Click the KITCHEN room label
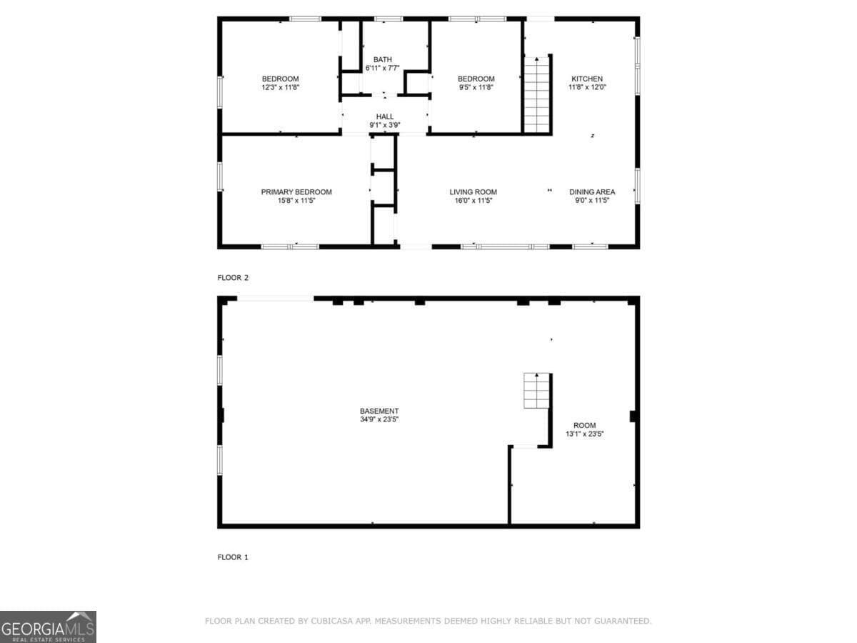[586, 79]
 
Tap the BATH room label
[382, 59]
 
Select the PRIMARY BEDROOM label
[296, 191]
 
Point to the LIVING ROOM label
[473, 191]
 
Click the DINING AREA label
[591, 191]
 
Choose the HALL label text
[384, 116]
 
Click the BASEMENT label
[379, 411]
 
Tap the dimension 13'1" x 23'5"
[584, 434]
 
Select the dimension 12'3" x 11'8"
[280, 87]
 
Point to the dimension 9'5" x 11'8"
[476, 87]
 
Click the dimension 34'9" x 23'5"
[379, 419]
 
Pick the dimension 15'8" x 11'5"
[296, 201]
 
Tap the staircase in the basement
[536, 390]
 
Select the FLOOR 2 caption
[233, 278]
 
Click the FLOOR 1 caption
[233, 557]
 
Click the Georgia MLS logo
[48, 627]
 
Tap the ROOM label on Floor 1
[584, 425]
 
